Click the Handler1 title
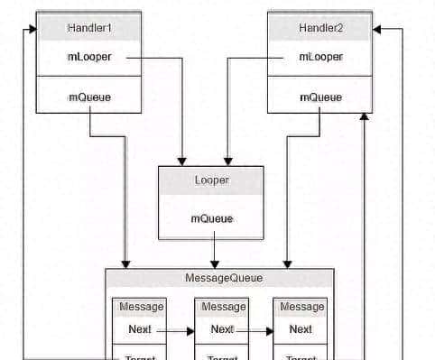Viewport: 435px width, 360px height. (x=88, y=28)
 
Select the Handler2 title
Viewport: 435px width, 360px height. (x=320, y=28)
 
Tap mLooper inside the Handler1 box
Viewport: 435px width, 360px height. (x=88, y=57)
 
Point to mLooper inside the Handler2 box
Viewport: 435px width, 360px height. (x=320, y=57)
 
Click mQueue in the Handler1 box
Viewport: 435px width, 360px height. (x=88, y=97)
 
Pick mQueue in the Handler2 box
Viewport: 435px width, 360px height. (x=320, y=97)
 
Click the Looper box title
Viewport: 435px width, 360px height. (x=211, y=180)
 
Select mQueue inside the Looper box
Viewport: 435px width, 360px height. (x=211, y=218)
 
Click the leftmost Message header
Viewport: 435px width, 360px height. (x=140, y=307)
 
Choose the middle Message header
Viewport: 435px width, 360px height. (x=222, y=307)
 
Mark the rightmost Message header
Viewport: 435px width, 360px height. (x=301, y=307)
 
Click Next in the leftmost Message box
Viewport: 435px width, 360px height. (x=140, y=329)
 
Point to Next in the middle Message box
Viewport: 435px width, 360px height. (x=222, y=329)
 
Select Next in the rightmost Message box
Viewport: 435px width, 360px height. (x=301, y=329)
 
